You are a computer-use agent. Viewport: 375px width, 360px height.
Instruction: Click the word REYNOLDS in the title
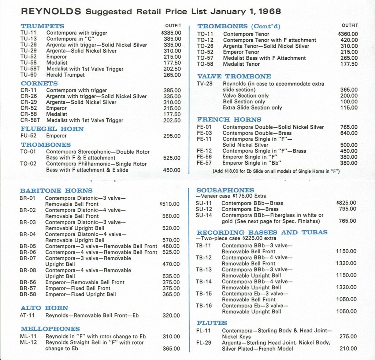(x=51, y=12)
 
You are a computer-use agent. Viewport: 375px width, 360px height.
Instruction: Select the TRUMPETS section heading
(x=42, y=26)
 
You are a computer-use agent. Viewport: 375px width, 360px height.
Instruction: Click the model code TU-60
(x=28, y=75)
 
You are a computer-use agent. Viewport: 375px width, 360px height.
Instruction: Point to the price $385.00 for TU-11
(x=171, y=33)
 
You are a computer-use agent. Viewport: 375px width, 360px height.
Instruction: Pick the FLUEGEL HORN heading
(x=52, y=129)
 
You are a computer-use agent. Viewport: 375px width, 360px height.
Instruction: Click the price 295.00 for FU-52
(x=172, y=136)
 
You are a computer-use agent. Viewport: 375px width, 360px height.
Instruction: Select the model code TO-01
(x=28, y=152)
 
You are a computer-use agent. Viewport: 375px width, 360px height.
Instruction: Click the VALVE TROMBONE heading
(x=234, y=76)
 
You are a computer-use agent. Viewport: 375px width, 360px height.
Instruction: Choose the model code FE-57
(x=205, y=163)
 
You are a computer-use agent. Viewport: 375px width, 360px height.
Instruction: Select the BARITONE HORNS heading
(x=56, y=191)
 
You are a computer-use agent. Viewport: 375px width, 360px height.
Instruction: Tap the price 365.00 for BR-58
(x=171, y=294)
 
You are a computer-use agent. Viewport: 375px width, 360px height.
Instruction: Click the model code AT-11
(x=27, y=315)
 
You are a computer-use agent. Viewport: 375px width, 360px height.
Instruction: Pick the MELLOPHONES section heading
(x=50, y=329)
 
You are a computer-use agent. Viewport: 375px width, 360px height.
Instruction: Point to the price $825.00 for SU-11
(x=346, y=203)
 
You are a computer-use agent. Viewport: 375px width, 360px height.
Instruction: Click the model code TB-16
(x=204, y=306)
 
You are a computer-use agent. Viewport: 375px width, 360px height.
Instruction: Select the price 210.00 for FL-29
(x=348, y=349)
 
